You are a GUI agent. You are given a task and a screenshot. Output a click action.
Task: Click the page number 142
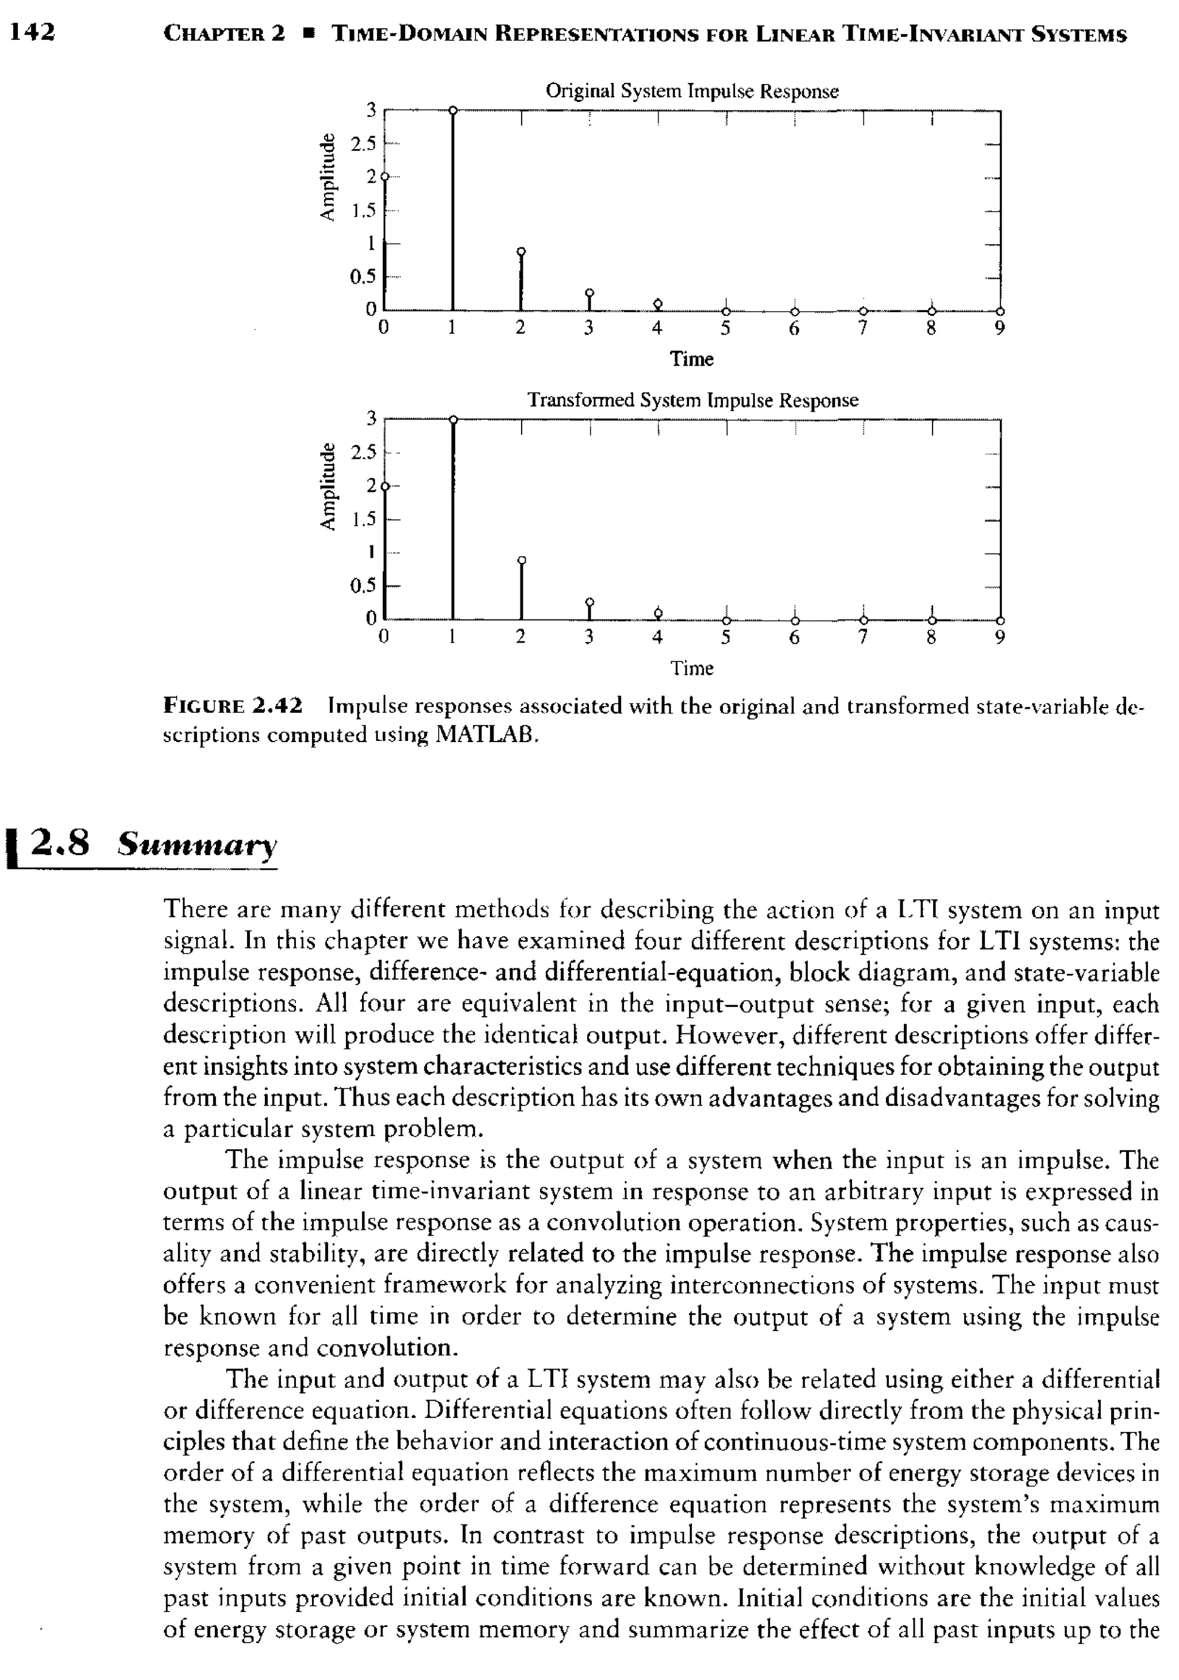click(x=32, y=32)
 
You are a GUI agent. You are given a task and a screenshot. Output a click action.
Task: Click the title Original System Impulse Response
click(x=691, y=92)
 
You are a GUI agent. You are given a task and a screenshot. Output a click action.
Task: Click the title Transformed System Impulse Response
click(x=693, y=400)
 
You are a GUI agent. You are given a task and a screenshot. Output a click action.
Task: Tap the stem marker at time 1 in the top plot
click(x=453, y=111)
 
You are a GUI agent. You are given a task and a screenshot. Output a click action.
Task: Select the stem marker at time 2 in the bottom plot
click(x=521, y=560)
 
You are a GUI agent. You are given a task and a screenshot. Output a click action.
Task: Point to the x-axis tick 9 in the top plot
click(x=1000, y=329)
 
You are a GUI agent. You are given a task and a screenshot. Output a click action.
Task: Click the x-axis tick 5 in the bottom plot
click(x=725, y=638)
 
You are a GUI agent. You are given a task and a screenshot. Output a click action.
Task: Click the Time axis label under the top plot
click(x=691, y=359)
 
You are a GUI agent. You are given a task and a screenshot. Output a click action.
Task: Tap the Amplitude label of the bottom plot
click(x=327, y=486)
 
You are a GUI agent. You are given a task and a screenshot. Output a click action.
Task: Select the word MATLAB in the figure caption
click(x=485, y=735)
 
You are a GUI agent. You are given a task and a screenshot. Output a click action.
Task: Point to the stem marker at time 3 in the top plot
click(x=590, y=292)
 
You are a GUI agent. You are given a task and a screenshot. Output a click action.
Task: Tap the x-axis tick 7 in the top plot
click(x=863, y=329)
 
